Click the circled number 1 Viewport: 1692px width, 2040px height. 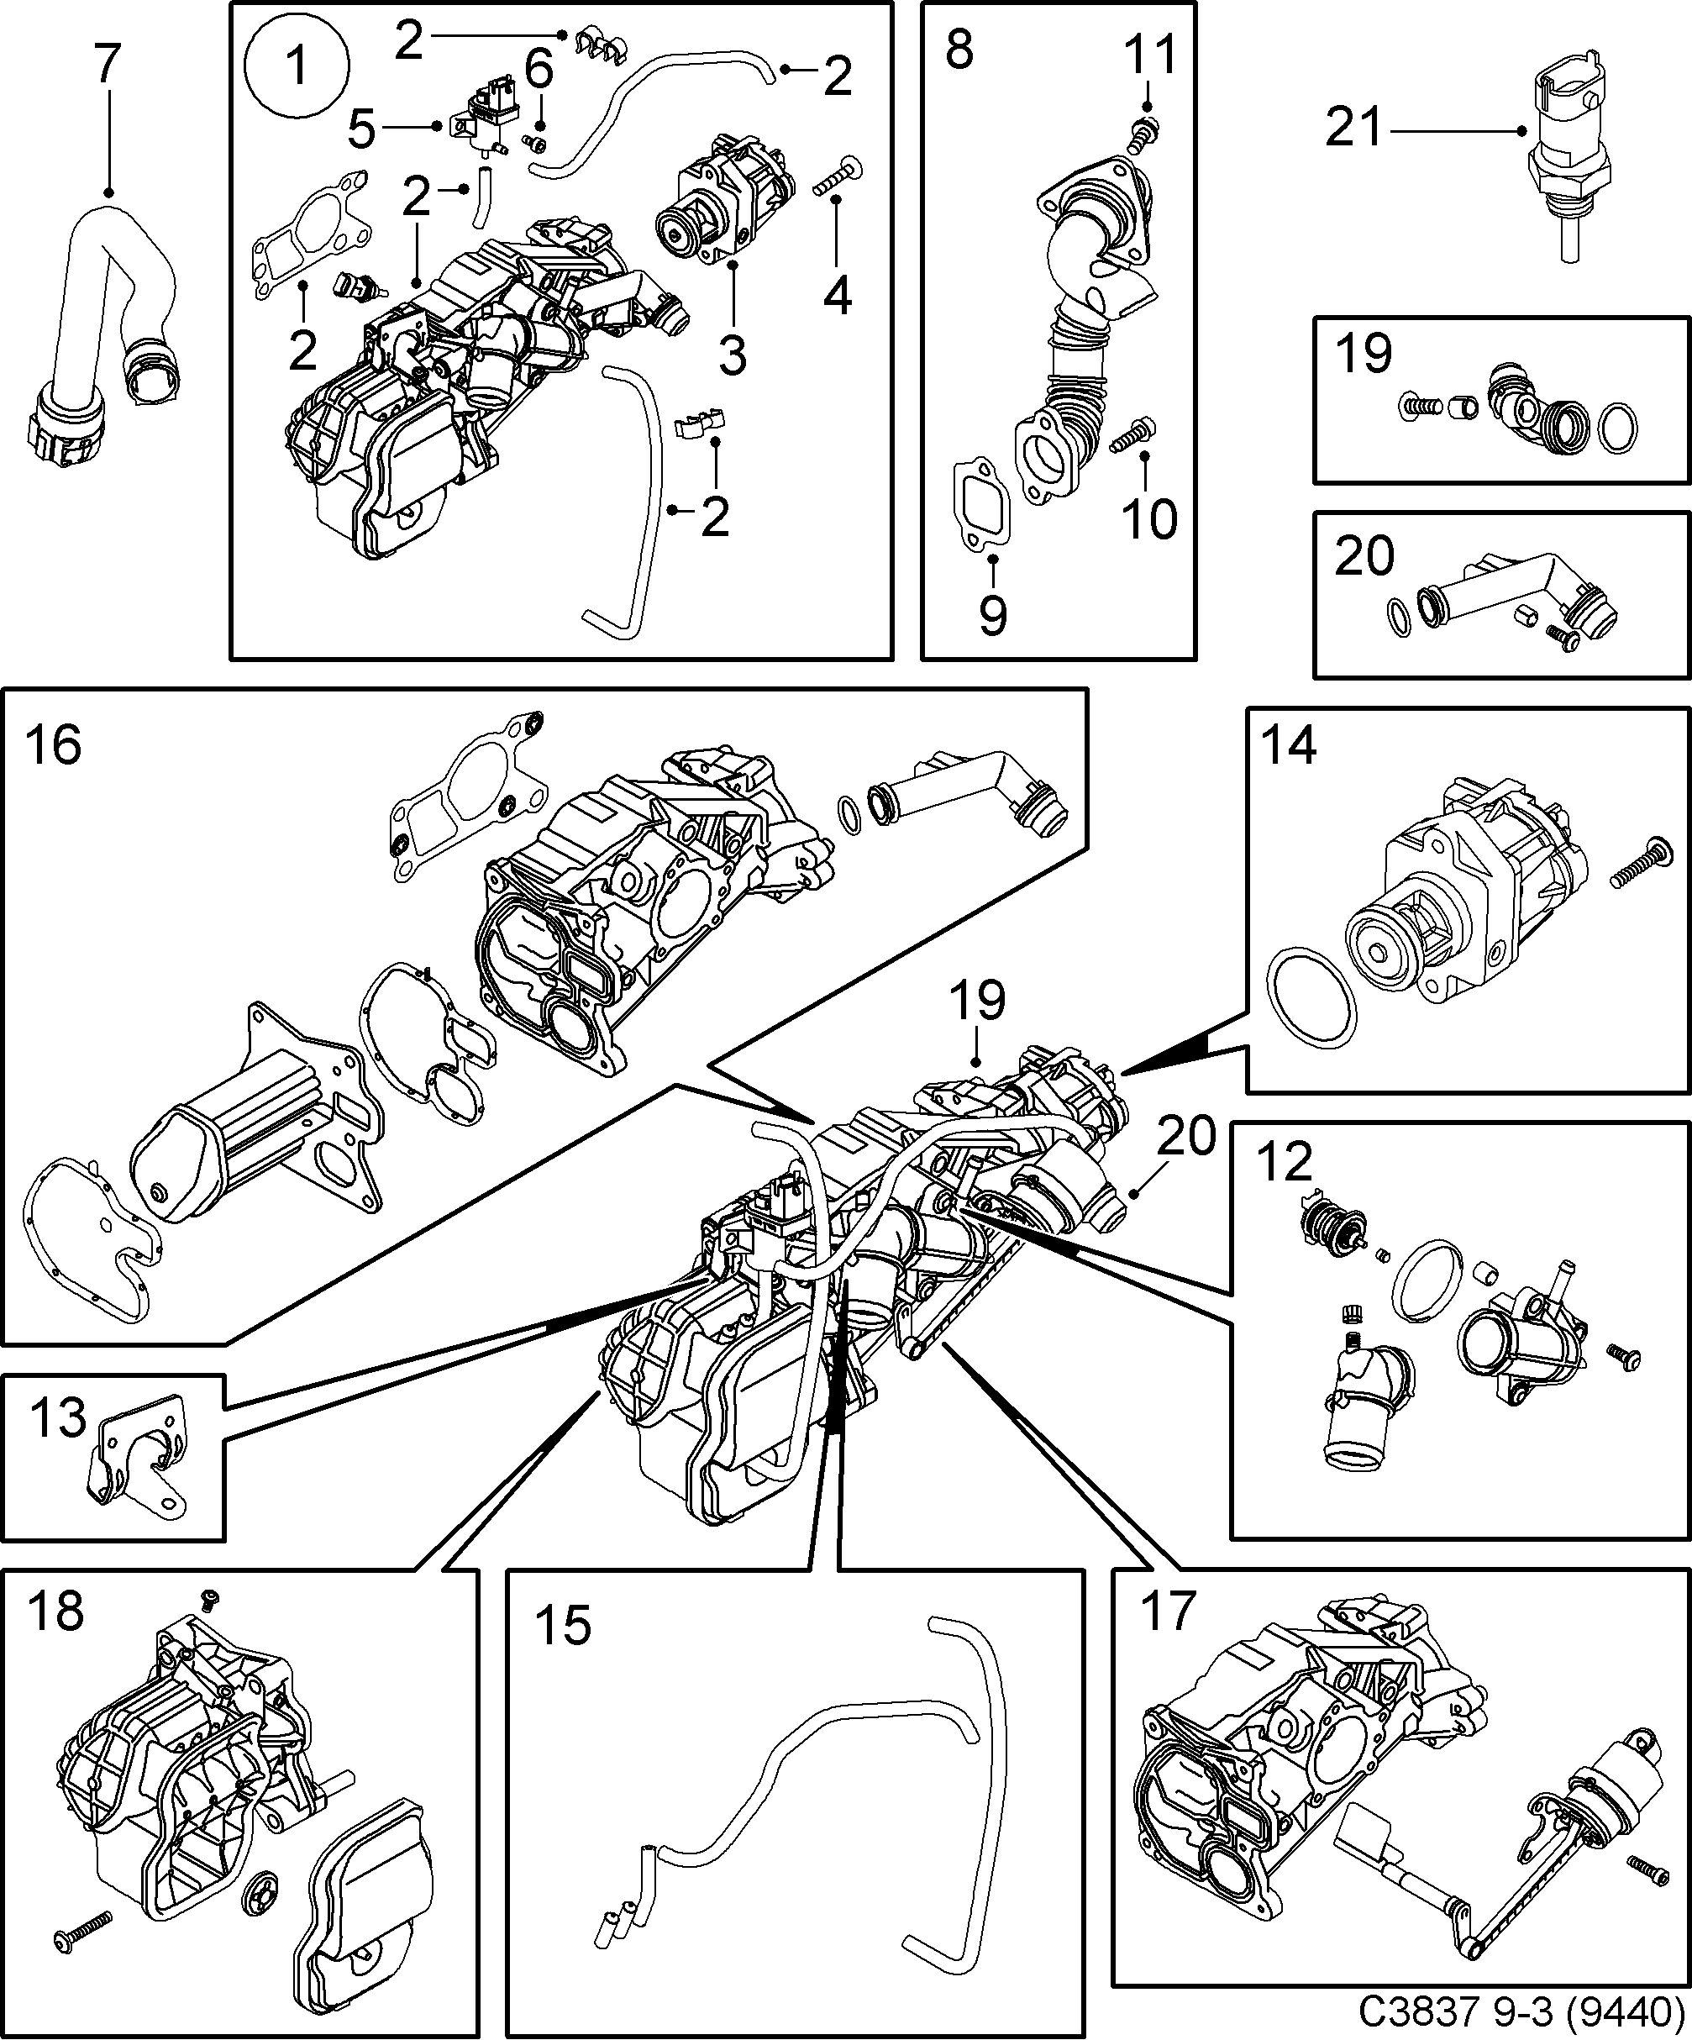click(297, 68)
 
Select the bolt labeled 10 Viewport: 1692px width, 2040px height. click(1132, 436)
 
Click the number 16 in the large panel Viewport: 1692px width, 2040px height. click(54, 747)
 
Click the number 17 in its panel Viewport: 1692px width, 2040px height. click(1165, 1611)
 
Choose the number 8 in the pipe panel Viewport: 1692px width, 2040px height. click(959, 50)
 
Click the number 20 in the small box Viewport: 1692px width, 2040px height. click(1364, 555)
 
